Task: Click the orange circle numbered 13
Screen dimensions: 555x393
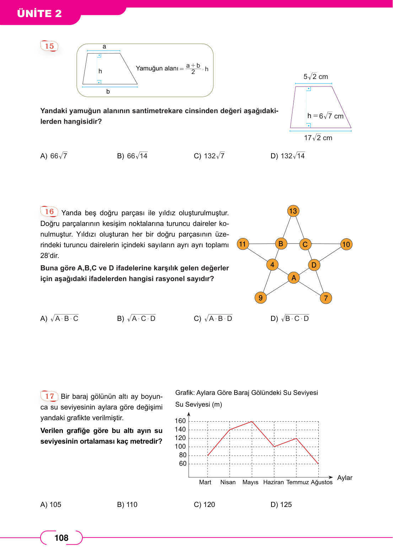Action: click(x=293, y=211)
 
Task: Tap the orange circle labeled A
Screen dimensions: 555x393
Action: click(x=294, y=278)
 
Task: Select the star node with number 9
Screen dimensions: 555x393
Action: click(x=260, y=298)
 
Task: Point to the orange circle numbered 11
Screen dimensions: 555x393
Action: click(x=243, y=244)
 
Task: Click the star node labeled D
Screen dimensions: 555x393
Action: click(x=314, y=265)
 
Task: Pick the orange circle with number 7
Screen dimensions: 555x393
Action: click(x=326, y=298)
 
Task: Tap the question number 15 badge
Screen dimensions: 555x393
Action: click(x=49, y=46)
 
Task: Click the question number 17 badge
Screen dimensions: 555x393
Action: click(x=49, y=396)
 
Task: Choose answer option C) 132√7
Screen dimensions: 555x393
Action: click(x=209, y=156)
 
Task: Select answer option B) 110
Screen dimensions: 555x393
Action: click(x=127, y=504)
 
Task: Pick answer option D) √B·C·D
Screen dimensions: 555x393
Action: click(x=290, y=318)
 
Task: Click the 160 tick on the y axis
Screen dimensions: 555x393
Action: click(x=180, y=421)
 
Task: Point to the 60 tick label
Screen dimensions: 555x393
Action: click(x=183, y=464)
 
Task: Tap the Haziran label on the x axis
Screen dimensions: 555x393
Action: click(x=273, y=482)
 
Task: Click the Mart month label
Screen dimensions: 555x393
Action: click(x=205, y=482)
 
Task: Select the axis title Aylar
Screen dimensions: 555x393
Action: click(x=345, y=478)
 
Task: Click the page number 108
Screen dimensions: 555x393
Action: click(x=61, y=538)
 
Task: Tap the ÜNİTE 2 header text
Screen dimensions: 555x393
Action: click(x=39, y=14)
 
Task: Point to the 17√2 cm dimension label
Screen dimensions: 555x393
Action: click(x=318, y=138)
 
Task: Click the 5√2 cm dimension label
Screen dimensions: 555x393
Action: click(x=316, y=76)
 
